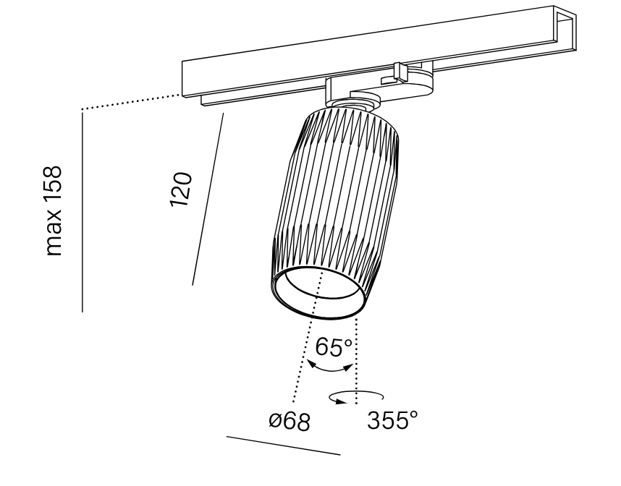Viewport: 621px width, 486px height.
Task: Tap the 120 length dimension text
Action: (181, 189)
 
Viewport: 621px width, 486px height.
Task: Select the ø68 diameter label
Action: (289, 422)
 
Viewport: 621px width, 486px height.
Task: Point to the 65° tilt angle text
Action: (334, 347)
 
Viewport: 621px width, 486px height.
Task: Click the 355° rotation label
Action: (392, 420)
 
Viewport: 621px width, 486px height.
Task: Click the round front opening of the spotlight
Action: (318, 293)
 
